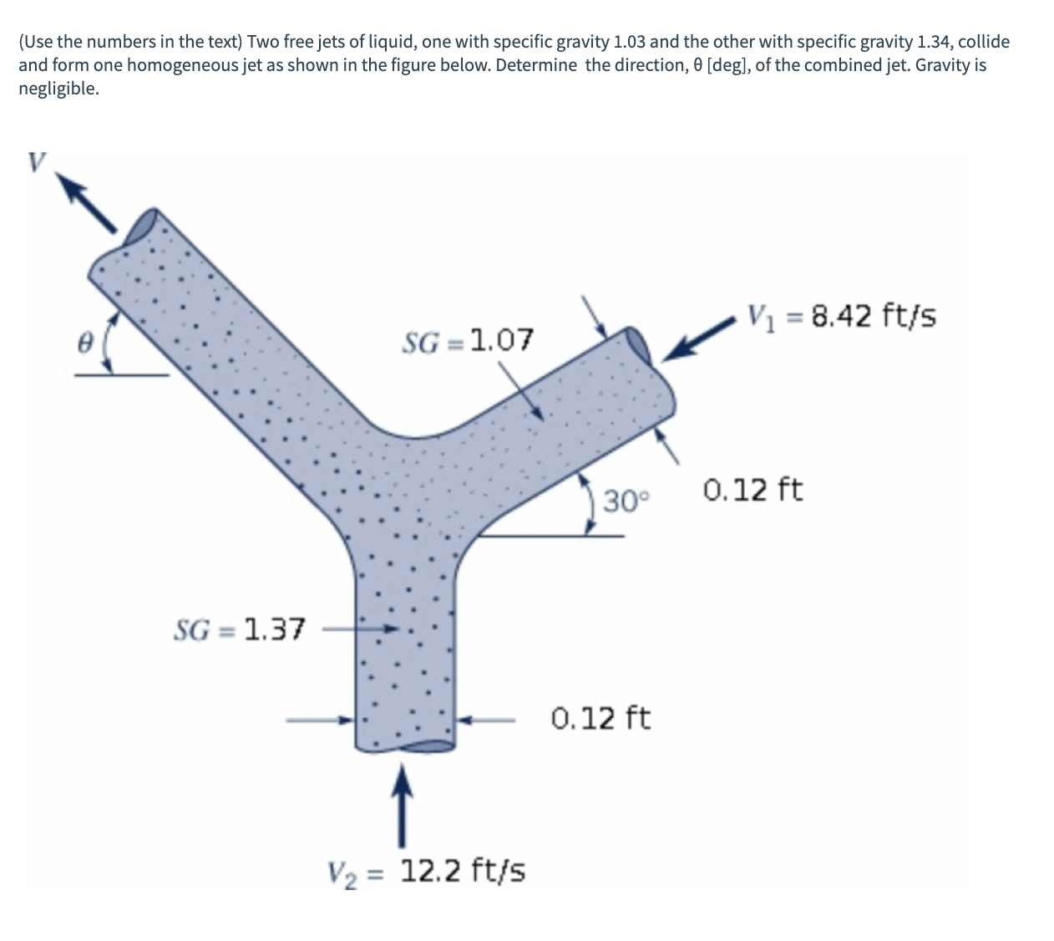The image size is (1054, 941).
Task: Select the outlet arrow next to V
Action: pos(91,206)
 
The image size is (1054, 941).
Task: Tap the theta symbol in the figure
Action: pos(84,343)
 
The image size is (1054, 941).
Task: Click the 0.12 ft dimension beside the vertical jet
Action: pos(601,718)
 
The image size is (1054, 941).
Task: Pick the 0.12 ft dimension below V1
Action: pos(752,489)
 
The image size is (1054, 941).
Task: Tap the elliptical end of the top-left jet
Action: pos(143,224)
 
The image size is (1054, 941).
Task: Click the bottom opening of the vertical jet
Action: pos(405,747)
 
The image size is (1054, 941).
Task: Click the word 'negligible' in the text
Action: pos(58,89)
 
